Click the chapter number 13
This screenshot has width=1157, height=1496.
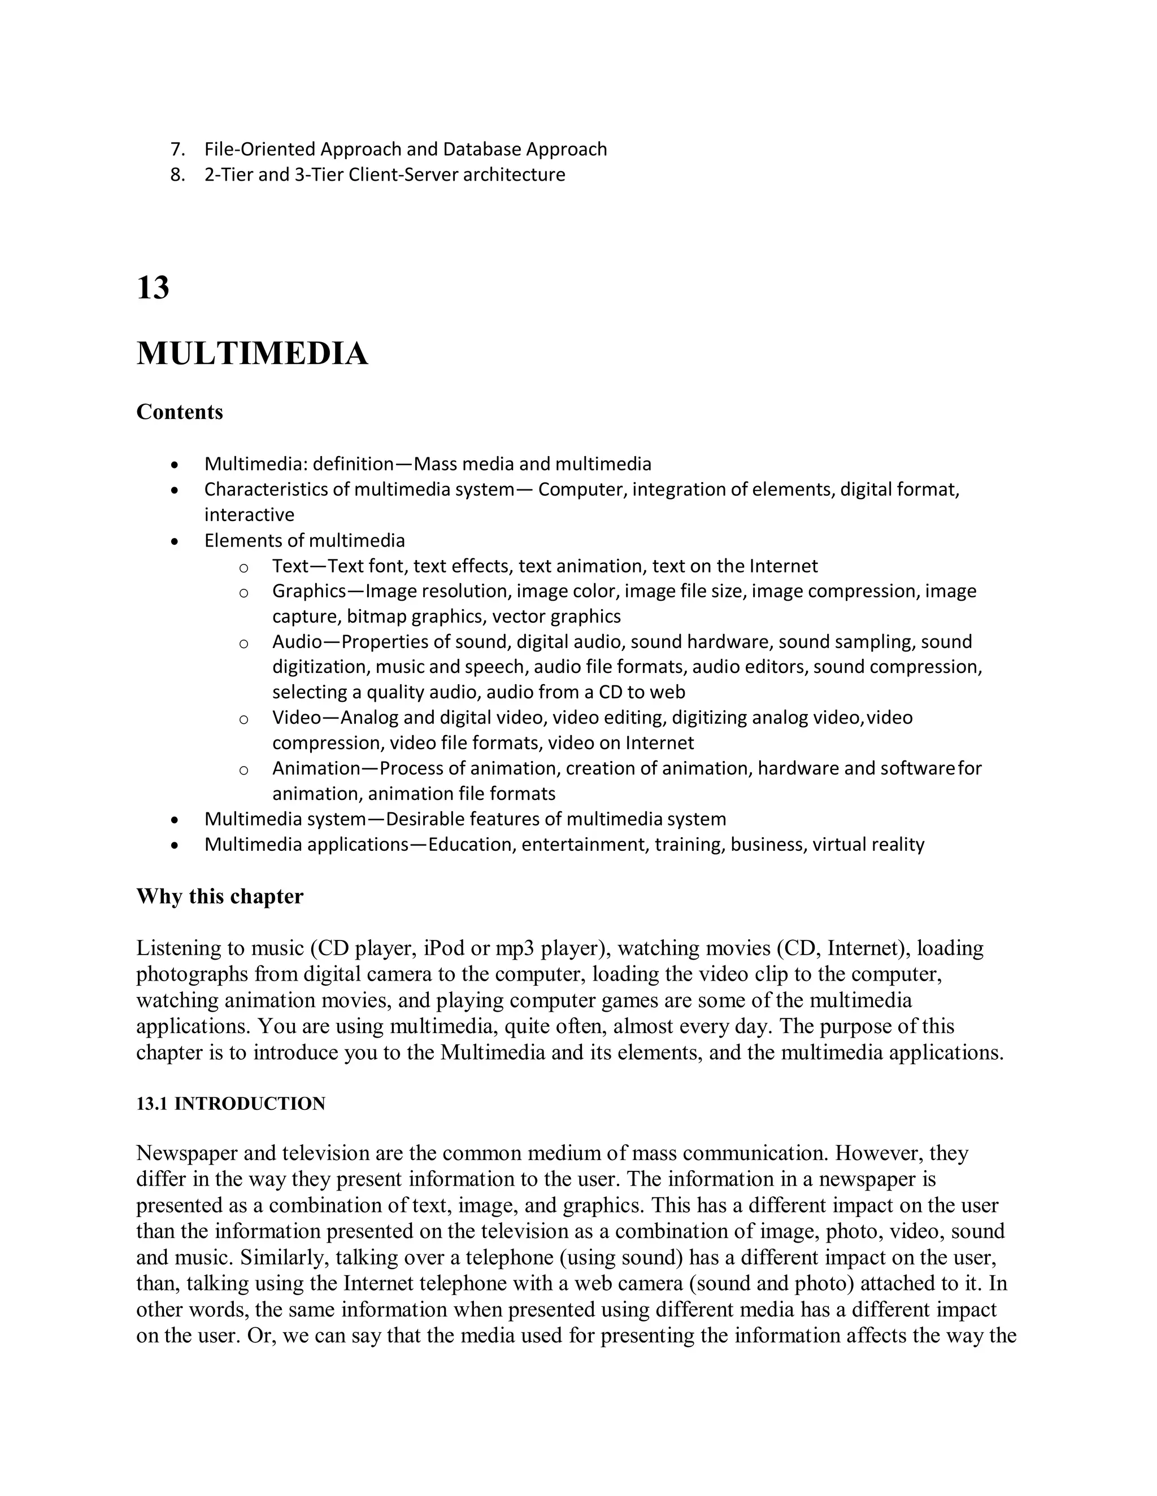[153, 288]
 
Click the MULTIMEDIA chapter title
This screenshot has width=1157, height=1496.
[252, 354]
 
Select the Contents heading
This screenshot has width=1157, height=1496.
[180, 412]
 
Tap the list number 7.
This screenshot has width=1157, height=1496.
[177, 150]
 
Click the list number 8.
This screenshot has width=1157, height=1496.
[177, 174]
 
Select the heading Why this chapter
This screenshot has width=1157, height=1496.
[219, 896]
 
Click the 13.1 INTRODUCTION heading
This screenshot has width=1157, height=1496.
[230, 1104]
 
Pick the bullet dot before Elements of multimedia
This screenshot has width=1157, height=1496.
[176, 542]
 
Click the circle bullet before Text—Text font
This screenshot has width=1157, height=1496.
[243, 568]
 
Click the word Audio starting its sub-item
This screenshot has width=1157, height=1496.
[297, 642]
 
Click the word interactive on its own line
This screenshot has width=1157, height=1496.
[249, 515]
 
